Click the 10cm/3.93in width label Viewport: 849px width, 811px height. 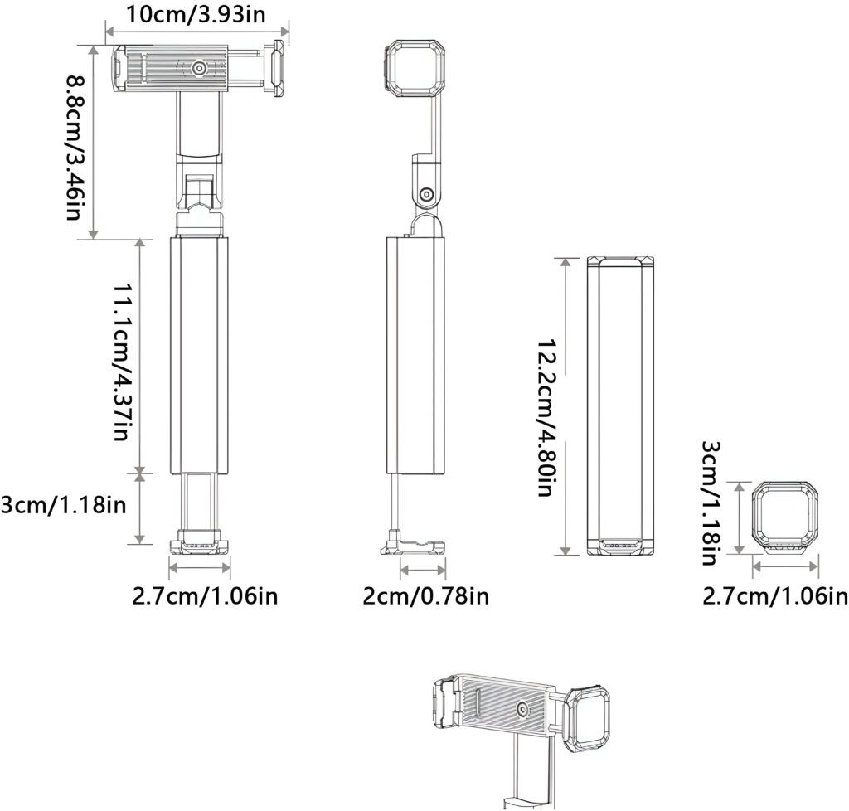196,15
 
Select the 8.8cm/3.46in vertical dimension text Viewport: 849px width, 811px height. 74,148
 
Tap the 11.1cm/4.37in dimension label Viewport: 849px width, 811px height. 122,360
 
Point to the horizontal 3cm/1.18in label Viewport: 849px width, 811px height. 63,504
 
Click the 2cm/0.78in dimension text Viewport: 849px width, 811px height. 425,596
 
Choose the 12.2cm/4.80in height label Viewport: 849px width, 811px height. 546,418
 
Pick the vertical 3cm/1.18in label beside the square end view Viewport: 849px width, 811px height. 711,503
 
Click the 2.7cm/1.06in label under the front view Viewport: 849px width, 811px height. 206,596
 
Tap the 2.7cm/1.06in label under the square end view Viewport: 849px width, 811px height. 775,596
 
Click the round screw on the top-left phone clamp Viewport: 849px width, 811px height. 199,68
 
